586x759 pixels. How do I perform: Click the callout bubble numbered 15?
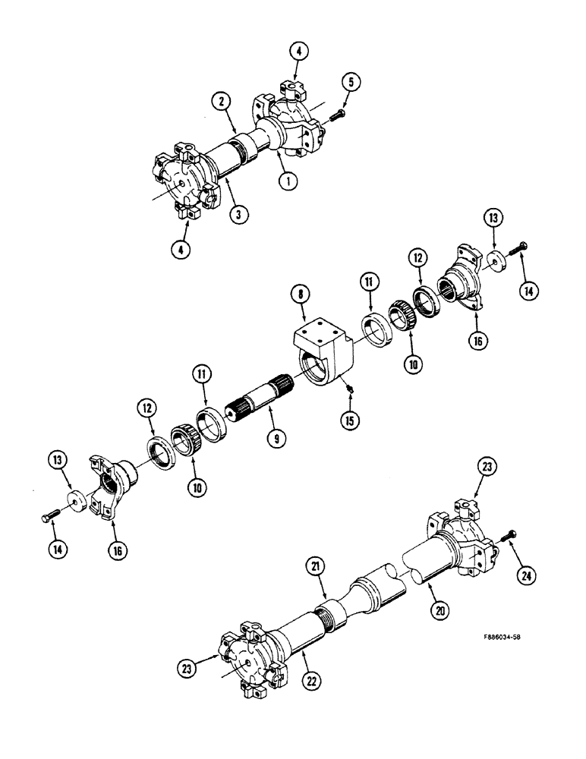[353, 419]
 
